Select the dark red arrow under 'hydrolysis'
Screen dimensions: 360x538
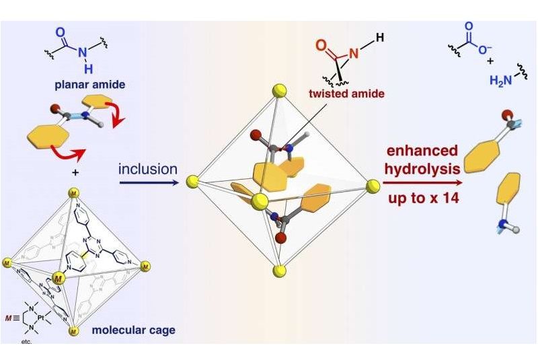pos(422,182)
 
